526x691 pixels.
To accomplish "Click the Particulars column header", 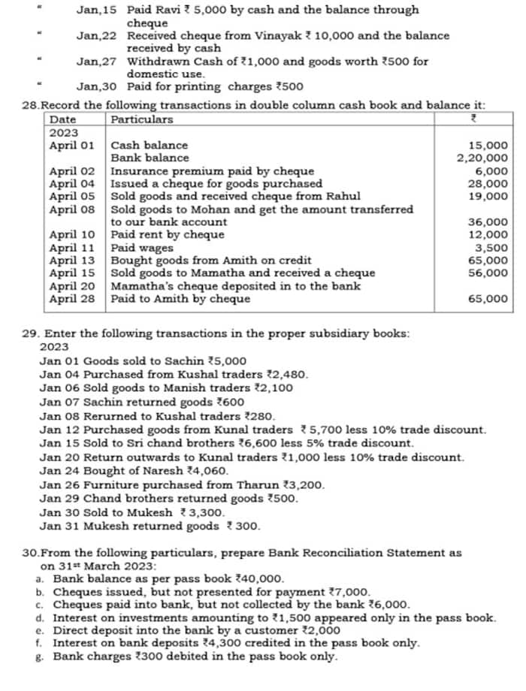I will tap(142, 119).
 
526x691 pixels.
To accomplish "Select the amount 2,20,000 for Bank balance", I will tap(482, 158).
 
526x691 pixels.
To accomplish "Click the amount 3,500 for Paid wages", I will tap(492, 248).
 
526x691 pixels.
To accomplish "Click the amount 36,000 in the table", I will tap(487, 222).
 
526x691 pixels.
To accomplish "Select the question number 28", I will tap(30, 105).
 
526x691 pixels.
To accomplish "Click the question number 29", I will tap(31, 333).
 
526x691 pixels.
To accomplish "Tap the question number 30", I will tap(31, 553).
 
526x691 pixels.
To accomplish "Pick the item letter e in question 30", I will tap(38, 630).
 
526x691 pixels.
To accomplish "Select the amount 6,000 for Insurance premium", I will tap(492, 171).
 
